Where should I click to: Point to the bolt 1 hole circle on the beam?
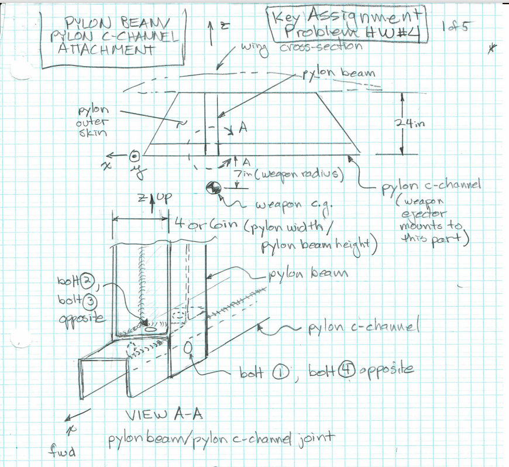(188, 347)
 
